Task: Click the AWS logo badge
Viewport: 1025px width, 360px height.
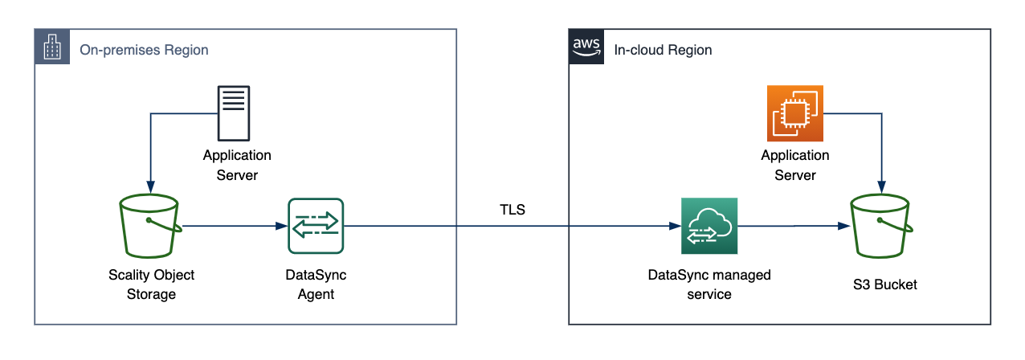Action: click(586, 47)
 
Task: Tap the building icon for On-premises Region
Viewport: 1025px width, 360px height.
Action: click(52, 47)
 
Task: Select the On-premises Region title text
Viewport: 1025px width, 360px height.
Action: click(144, 50)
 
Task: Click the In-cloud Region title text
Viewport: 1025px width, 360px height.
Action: click(663, 50)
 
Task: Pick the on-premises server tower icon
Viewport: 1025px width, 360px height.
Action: click(234, 113)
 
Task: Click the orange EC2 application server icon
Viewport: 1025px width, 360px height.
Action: click(794, 113)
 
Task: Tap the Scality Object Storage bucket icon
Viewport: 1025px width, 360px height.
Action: click(150, 226)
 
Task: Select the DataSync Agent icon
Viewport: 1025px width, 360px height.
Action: click(316, 226)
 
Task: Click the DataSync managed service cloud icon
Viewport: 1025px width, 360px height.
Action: click(709, 226)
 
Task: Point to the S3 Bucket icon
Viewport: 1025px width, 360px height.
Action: click(881, 226)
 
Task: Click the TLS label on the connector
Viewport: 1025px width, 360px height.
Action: click(512, 209)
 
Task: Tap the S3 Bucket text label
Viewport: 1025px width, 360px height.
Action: click(885, 284)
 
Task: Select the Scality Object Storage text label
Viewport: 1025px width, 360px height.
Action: click(152, 284)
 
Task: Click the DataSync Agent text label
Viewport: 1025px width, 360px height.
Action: click(316, 284)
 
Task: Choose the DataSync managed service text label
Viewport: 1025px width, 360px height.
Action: click(709, 284)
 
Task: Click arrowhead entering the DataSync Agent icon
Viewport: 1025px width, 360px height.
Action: click(282, 226)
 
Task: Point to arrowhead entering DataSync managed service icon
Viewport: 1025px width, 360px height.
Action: click(675, 226)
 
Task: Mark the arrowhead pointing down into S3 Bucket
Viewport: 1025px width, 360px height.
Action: click(881, 187)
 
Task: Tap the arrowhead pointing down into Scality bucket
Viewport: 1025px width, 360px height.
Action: click(150, 187)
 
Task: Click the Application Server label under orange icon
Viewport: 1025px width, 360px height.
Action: click(794, 165)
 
